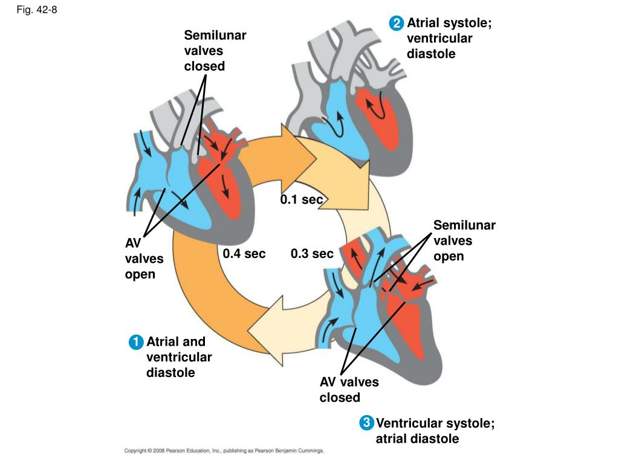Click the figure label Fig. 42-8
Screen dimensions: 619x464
37,10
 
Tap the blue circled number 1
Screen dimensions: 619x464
136,342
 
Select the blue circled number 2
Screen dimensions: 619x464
396,24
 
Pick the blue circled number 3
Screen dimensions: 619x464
366,423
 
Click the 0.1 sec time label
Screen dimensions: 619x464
302,199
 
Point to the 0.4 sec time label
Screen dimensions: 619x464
244,254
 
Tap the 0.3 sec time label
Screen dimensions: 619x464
312,254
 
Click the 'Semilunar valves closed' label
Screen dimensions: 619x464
215,51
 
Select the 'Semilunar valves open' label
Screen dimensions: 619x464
464,240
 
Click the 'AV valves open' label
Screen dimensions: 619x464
144,259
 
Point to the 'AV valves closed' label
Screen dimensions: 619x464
349,390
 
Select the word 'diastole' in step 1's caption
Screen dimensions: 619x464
170,372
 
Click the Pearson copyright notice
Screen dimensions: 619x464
224,451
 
